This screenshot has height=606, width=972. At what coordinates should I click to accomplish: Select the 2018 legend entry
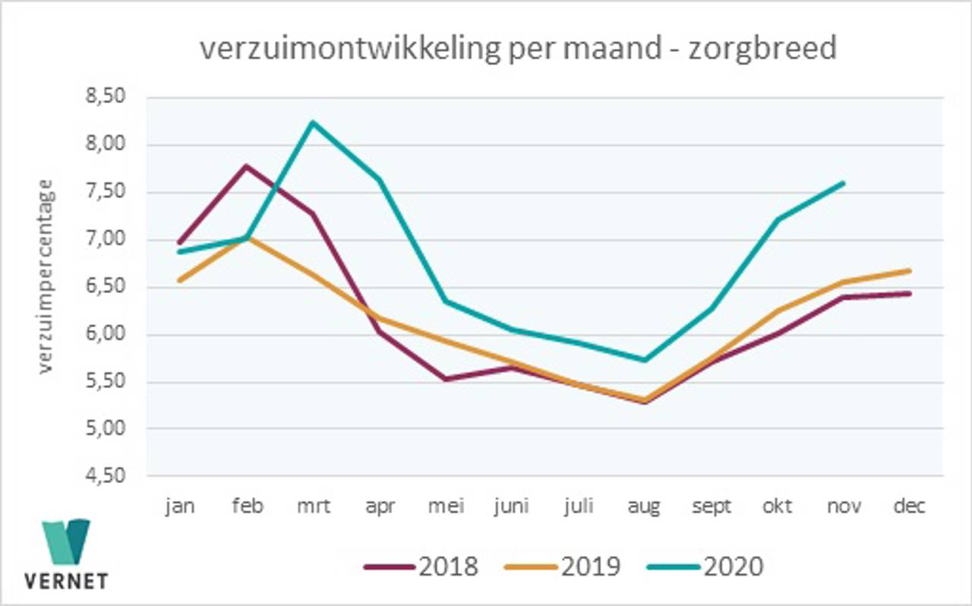422,567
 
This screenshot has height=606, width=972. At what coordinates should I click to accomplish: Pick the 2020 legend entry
707,567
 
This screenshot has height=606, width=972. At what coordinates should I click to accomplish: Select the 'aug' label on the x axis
644,507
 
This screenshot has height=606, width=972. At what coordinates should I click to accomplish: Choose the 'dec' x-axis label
909,507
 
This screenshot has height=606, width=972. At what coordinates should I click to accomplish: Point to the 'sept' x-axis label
710,507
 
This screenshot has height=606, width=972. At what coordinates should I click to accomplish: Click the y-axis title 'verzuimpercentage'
46,276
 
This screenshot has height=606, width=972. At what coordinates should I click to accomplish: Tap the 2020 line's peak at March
312,122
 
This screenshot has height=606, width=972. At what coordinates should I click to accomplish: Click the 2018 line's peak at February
246,166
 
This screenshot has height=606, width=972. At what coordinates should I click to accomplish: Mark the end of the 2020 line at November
843,183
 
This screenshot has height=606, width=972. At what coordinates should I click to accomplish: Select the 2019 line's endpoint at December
909,270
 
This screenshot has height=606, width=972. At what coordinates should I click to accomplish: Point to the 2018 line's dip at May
445,378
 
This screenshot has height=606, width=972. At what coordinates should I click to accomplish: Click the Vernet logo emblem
67,542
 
